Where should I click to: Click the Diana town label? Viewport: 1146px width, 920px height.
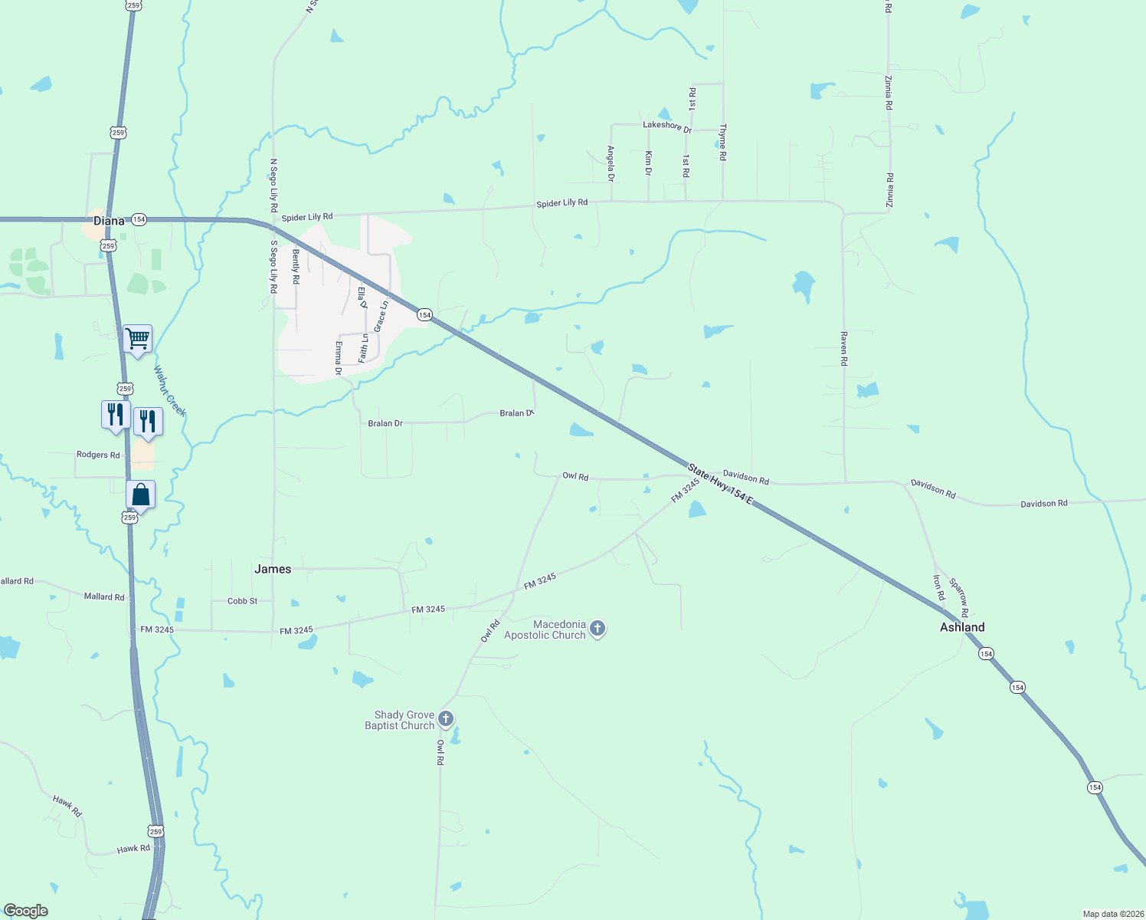point(109,221)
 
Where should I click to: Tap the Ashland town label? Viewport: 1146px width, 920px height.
point(962,627)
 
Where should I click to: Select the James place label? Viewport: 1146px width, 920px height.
point(273,569)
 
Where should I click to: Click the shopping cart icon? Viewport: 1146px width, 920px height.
point(138,338)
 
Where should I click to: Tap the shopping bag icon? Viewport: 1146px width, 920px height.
point(141,495)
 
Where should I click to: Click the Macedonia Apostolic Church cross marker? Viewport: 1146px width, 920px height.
point(598,629)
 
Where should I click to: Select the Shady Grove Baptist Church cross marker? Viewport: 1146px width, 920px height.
point(446,720)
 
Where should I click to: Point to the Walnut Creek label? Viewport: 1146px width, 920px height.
point(169,391)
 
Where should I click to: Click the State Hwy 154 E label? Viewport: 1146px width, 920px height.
point(720,484)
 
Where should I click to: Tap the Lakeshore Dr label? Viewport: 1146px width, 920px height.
point(667,127)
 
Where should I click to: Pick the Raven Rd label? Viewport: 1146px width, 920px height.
point(844,349)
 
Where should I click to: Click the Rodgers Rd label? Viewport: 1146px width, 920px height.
point(98,455)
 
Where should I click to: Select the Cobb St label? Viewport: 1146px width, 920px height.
point(243,601)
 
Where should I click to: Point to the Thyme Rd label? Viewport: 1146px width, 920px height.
point(722,143)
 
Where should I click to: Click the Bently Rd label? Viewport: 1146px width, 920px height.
point(296,266)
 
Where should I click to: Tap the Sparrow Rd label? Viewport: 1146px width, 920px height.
point(959,597)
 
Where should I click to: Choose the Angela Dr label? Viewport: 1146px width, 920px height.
point(611,163)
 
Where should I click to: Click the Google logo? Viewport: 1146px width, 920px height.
point(26,911)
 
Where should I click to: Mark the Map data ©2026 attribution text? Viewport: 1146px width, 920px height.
point(1111,914)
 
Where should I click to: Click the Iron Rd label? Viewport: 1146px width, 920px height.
point(939,587)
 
